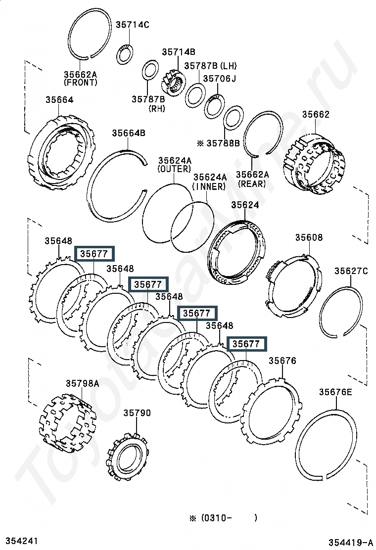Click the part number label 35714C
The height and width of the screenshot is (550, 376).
coord(133,25)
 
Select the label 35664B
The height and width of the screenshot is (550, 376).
coord(129,133)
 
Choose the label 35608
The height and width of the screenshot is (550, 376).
coord(309,237)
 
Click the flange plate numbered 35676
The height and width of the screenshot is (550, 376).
coord(272,411)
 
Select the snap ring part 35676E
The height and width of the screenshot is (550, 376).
coord(326,445)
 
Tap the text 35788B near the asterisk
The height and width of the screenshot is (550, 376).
coord(223,143)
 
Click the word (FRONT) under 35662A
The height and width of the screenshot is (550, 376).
coord(80,83)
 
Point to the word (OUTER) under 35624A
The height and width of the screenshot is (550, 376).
coord(174,169)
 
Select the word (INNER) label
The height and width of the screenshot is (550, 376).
coord(210,186)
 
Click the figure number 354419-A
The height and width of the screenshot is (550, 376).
coord(351,542)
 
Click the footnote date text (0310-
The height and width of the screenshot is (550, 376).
coord(216,518)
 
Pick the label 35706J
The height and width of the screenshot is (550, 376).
coord(220,79)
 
